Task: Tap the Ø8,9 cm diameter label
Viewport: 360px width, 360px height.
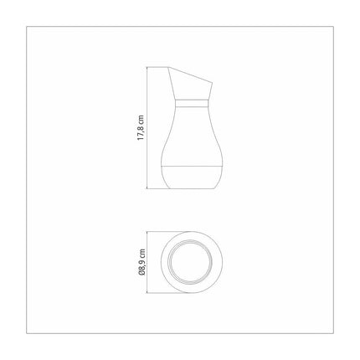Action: [142, 260]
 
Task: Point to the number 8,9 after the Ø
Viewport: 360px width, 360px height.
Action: [142, 263]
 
